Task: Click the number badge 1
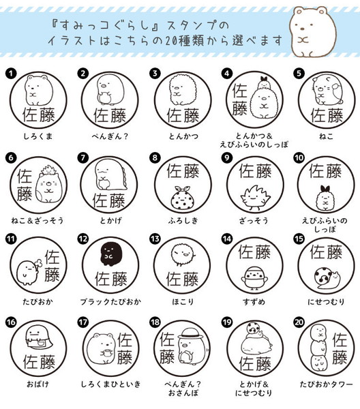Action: pos(11,74)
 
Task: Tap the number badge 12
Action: pos(83,239)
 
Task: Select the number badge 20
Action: pos(299,322)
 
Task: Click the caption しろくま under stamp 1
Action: pos(38,136)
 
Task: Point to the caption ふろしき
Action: pos(183,221)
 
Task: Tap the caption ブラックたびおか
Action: pos(110,302)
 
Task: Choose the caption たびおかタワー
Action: pos(326,384)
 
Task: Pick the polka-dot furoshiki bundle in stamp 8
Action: pos(183,198)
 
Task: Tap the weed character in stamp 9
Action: pos(255,197)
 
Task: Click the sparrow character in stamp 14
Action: pos(254,278)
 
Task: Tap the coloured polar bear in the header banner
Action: pos(314,31)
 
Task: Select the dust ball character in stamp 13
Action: pos(183,254)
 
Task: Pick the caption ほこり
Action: pos(183,302)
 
